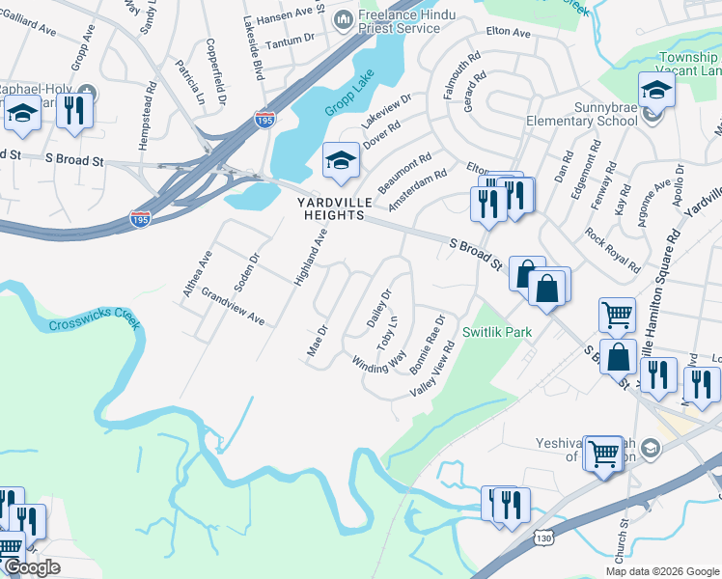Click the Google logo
(x=32, y=567)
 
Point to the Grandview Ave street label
(x=233, y=304)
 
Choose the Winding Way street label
(x=379, y=362)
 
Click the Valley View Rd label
(x=432, y=372)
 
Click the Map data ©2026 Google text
(x=661, y=571)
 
